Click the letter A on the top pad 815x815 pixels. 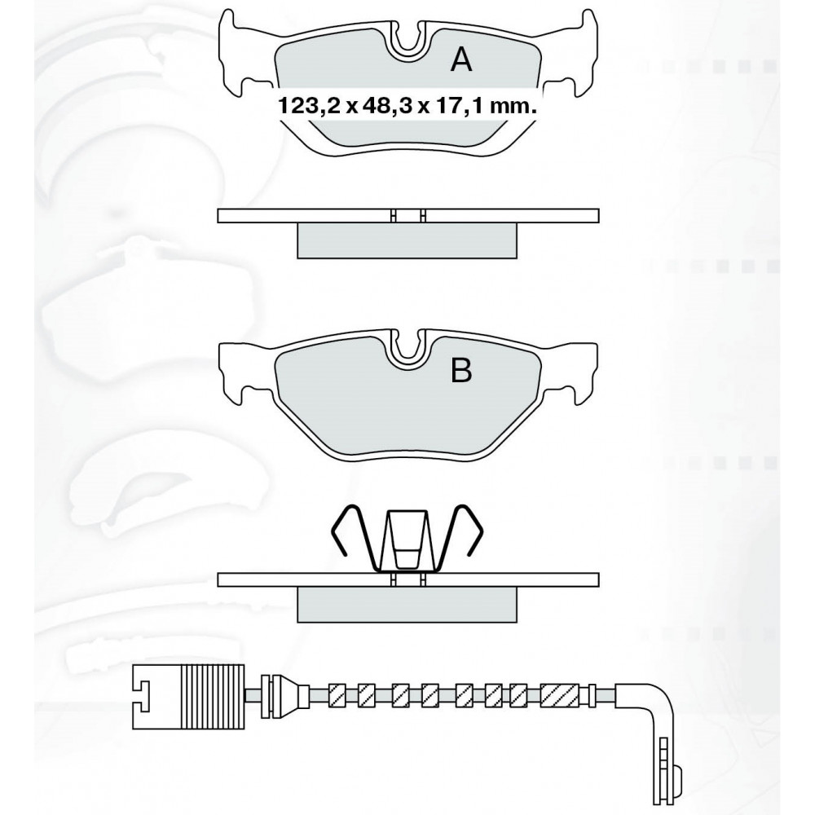(461, 59)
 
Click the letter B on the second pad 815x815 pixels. (461, 370)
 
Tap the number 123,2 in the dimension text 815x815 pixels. (310, 107)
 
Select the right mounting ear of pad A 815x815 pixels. (577, 55)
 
